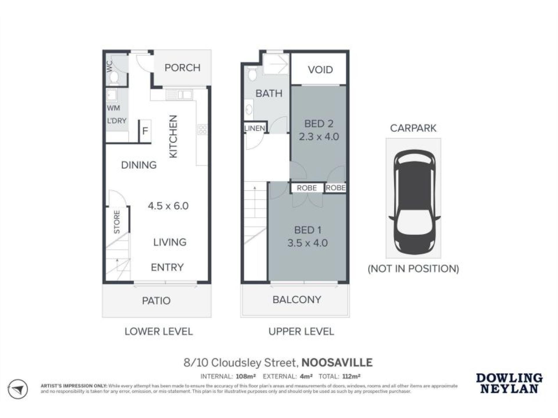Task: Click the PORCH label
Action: [182, 68]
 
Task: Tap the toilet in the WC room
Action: [114, 77]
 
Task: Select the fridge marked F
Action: [145, 131]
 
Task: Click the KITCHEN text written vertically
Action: [173, 136]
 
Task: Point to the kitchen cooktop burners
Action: [202, 129]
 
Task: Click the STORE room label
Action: [117, 222]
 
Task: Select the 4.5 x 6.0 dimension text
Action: [168, 206]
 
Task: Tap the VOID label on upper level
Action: [320, 70]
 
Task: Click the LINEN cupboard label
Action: [254, 128]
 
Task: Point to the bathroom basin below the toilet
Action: [249, 109]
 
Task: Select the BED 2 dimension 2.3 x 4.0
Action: [319, 137]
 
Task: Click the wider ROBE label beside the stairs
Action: [307, 188]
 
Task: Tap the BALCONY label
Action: [297, 300]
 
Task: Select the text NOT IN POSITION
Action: [413, 269]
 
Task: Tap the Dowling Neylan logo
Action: [509, 383]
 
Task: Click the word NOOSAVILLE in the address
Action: [337, 363]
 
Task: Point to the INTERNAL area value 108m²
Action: [246, 376]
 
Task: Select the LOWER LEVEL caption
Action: [159, 331]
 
